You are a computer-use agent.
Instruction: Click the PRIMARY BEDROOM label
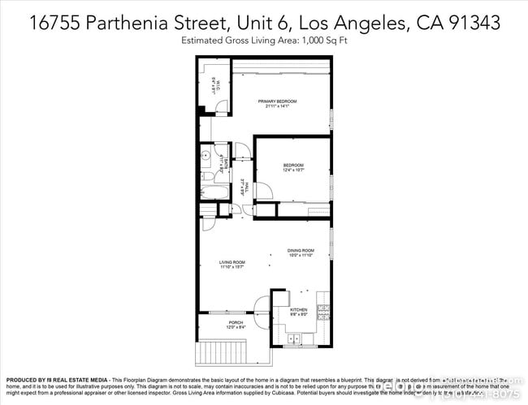tap(277, 101)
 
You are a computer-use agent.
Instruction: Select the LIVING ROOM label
tap(232, 261)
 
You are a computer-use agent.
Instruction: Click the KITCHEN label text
tap(299, 309)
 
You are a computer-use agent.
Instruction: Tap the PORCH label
tap(236, 322)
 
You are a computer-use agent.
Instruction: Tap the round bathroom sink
tap(206, 154)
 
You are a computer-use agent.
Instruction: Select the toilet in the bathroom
tap(207, 175)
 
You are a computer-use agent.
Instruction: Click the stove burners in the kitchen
tap(323, 308)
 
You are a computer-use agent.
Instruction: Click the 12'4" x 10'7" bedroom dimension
tap(292, 170)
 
